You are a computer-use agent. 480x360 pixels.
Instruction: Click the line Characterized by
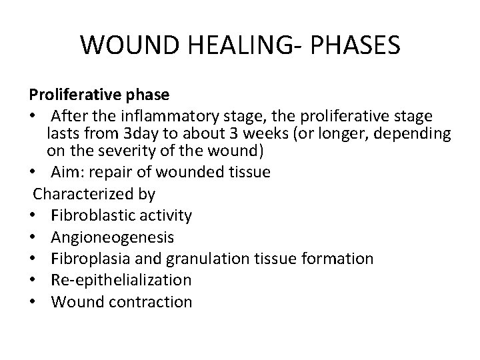coord(94,194)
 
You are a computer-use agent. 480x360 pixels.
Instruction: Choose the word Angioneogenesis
coord(113,237)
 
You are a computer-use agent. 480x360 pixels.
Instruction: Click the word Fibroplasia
coord(90,258)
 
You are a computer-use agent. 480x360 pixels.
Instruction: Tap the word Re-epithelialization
coord(121,279)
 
